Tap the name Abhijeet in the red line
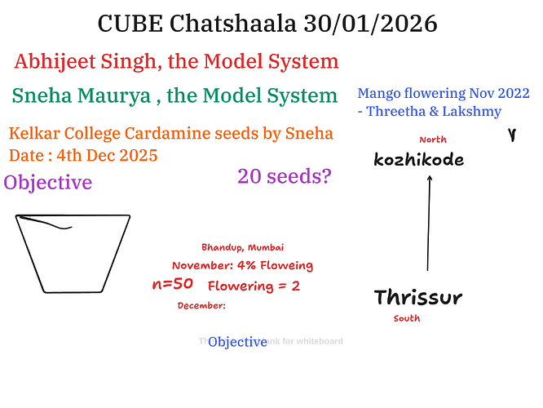pos(54,61)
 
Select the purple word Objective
pos(47,183)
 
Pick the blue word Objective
pos(237,342)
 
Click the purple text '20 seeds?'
pos(285,175)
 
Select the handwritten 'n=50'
pos(172,285)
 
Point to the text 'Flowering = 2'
pos(254,286)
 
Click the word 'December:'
pos(201,306)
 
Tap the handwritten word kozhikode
pos(418,160)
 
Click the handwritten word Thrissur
pos(417,297)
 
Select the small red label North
pos(433,140)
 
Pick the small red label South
pos(406,319)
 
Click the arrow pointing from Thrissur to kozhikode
pos(429,224)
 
